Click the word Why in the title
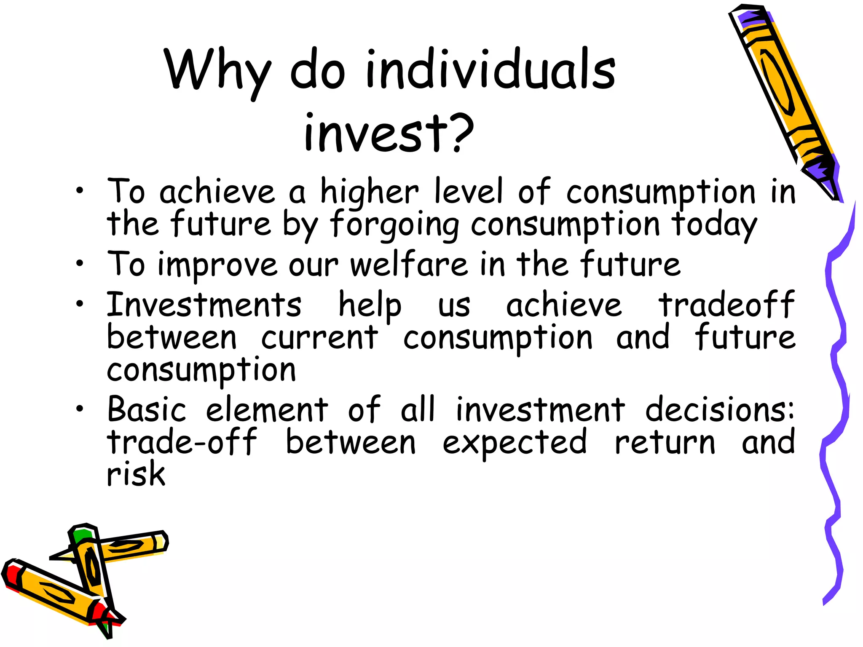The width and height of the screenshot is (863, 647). click(217, 71)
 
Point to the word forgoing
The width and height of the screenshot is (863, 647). click(394, 225)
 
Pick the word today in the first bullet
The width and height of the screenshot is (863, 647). click(714, 225)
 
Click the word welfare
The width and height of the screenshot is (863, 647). click(409, 265)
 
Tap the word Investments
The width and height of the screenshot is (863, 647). click(204, 305)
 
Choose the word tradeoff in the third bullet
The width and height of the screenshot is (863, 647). click(726, 305)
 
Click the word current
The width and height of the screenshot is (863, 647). click(319, 337)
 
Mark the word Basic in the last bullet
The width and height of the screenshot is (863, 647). click(146, 409)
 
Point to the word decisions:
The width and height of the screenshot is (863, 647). click(720, 409)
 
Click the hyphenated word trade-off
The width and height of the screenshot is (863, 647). click(182, 442)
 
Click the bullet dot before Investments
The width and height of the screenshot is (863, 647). click(80, 304)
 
